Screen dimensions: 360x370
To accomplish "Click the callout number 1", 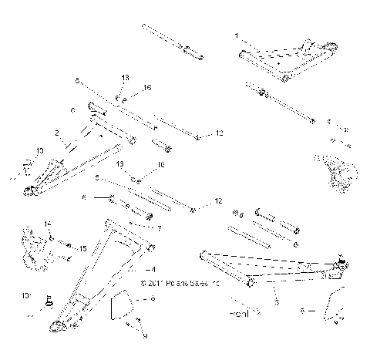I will pos(237,35).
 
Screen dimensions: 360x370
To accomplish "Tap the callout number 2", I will pos(57,133).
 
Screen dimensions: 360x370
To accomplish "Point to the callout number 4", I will pos(154,270).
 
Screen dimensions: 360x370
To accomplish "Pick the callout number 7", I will pos(159,229).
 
